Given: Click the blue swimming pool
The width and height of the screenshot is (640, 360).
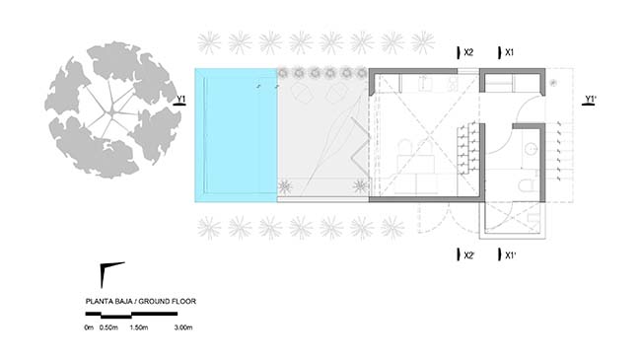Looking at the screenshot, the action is click(x=236, y=135).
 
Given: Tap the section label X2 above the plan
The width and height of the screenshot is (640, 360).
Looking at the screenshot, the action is click(x=468, y=52).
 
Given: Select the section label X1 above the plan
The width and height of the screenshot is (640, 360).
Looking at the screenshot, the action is click(x=510, y=52).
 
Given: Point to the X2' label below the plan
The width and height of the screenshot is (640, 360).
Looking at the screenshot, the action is click(x=469, y=255).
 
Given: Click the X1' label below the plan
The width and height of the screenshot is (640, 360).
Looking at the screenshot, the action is click(x=511, y=255).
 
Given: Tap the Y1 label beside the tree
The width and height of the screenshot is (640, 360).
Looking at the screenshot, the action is click(x=180, y=100).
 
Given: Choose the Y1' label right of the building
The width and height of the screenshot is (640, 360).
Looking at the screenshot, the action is click(x=591, y=100).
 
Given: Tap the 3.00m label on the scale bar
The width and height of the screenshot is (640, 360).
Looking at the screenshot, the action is click(x=183, y=327).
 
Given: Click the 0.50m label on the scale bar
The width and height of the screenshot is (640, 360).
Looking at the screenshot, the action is click(x=108, y=327).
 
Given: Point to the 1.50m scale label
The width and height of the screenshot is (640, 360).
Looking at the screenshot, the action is click(x=139, y=327).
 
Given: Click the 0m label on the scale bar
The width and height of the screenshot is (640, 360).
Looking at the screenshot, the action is click(x=89, y=327).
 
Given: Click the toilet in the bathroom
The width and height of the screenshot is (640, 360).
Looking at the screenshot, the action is click(x=529, y=182).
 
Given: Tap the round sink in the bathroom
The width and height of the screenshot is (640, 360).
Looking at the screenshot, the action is click(x=531, y=149).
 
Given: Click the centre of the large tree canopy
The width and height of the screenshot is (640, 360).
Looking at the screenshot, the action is click(x=112, y=110).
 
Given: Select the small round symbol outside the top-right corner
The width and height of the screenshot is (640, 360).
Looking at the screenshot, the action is click(x=553, y=83).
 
